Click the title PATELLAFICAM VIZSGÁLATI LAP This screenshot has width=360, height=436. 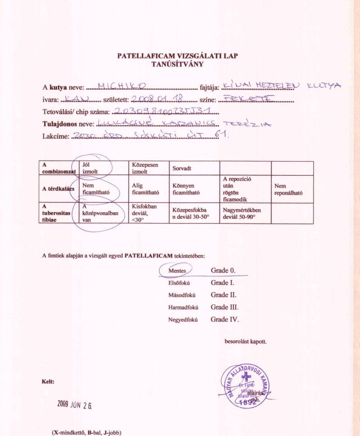click(x=177, y=56)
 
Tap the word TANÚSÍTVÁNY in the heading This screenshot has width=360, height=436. click(x=177, y=64)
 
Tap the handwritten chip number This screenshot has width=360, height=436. click(x=164, y=111)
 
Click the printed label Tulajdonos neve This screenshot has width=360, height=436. click(x=67, y=124)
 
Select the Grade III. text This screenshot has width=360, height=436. click(x=224, y=307)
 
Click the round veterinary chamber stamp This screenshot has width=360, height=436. click(x=246, y=386)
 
